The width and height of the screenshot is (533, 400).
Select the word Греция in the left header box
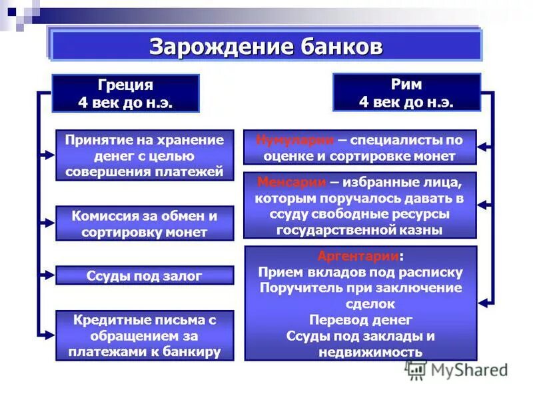click(x=125, y=85)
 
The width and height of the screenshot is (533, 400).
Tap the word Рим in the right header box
click(x=406, y=85)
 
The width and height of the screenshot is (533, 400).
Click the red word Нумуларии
click(x=294, y=140)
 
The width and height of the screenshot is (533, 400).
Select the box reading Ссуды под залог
click(x=145, y=275)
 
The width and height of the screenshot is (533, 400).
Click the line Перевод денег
click(x=360, y=319)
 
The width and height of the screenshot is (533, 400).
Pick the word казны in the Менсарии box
click(x=422, y=230)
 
